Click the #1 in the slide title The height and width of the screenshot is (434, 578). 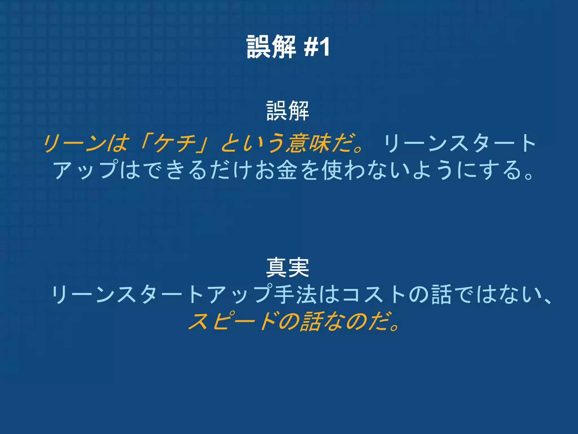click(317, 47)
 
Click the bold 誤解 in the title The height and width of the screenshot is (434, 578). click(271, 47)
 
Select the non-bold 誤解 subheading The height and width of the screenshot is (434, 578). click(288, 111)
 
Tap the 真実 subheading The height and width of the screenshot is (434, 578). click(288, 268)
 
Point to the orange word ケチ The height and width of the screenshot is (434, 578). click(175, 143)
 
